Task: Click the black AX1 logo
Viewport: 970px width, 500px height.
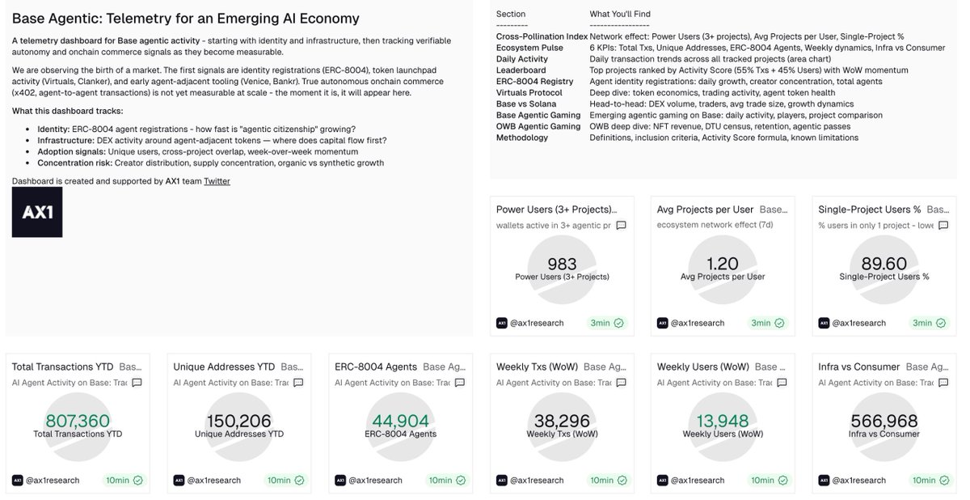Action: tap(37, 212)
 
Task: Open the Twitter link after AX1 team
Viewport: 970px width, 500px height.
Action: tap(217, 181)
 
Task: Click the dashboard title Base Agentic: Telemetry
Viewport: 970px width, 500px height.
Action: tap(186, 19)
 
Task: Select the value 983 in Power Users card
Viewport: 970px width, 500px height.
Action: tap(562, 264)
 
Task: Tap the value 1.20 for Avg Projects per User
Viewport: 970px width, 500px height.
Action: tap(723, 264)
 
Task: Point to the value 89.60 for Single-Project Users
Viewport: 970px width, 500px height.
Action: tap(884, 264)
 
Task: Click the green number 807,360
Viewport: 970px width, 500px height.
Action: tap(78, 421)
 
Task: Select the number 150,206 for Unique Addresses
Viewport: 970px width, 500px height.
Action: tap(239, 421)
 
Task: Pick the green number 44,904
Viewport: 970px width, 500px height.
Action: tap(400, 421)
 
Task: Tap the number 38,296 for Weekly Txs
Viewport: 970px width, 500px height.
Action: tap(562, 421)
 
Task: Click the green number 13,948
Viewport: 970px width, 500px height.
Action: tap(723, 421)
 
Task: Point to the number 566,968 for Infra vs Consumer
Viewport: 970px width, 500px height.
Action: tap(884, 421)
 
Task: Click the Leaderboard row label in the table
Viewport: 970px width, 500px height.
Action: tap(521, 70)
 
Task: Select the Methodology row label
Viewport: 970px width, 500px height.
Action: tap(522, 138)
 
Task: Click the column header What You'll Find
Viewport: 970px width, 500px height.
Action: tap(620, 14)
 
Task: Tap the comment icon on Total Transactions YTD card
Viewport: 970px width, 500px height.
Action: tap(137, 383)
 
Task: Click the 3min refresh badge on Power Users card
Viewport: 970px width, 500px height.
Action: tap(606, 323)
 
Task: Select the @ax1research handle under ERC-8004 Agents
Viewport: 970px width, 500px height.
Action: tap(375, 480)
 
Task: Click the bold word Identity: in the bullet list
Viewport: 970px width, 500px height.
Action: tap(53, 129)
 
